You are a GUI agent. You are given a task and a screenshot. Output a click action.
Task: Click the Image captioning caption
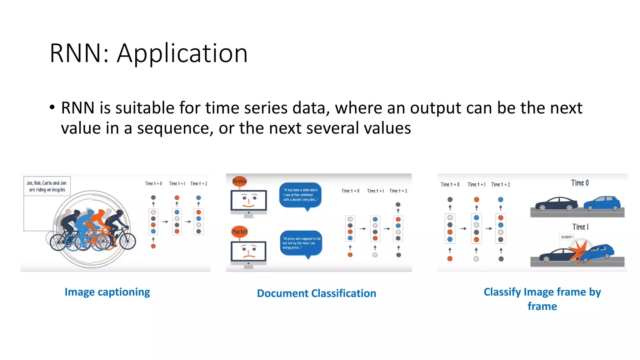tap(107, 292)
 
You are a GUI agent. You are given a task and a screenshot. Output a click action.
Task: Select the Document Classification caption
tap(316, 293)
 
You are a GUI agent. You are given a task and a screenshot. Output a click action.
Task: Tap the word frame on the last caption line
tap(542, 307)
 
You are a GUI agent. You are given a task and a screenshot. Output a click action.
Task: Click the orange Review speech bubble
tap(239, 181)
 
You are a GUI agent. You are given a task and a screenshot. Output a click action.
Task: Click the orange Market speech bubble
tap(240, 232)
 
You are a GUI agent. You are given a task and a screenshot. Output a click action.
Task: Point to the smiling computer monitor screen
tap(249, 200)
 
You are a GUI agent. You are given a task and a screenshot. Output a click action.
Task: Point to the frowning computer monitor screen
tap(248, 251)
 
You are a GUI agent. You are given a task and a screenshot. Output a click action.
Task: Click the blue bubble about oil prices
tap(301, 243)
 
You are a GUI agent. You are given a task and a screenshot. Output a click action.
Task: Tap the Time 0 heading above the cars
tap(580, 183)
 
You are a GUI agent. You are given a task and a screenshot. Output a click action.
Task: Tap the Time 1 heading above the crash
tap(580, 227)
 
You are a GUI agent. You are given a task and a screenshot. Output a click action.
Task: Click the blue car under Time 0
tap(602, 203)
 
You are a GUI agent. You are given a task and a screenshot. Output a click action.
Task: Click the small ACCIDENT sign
tap(567, 237)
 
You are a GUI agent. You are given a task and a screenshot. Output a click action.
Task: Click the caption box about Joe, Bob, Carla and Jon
tap(47, 186)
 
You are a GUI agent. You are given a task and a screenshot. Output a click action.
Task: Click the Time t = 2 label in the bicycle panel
tap(199, 184)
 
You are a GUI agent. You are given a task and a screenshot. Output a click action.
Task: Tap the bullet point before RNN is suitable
tap(52, 107)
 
